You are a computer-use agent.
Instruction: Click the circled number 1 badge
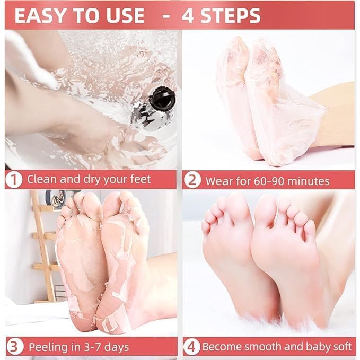click(x=14, y=180)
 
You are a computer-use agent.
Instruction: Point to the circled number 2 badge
click(x=192, y=180)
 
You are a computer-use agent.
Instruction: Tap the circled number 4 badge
click(x=192, y=347)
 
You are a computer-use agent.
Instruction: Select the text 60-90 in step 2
click(x=269, y=181)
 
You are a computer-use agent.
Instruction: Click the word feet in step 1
click(x=139, y=179)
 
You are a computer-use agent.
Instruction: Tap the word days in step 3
click(x=117, y=348)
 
